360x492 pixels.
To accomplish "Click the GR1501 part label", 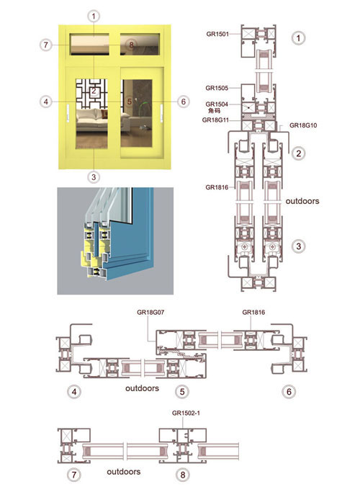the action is [217, 34].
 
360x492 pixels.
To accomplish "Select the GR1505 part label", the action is [217, 88].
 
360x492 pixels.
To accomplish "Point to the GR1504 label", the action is [217, 104].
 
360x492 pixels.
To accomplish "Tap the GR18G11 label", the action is [216, 120].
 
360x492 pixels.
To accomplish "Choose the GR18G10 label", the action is [303, 125].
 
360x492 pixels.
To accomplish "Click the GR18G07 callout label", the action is [150, 312].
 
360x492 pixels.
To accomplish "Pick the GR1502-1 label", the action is [186, 413].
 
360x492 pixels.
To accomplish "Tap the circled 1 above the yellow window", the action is [94, 17].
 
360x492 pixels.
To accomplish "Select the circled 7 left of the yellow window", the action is [46, 45].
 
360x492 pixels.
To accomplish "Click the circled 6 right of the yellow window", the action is [184, 102].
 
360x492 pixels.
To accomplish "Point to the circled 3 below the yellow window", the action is [94, 177].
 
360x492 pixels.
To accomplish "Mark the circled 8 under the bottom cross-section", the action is [182, 475].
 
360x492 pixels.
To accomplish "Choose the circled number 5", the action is [182, 392].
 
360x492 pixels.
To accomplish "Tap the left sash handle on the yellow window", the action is [68, 113].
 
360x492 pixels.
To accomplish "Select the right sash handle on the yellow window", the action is [161, 113].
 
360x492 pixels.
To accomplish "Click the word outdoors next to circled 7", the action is [124, 472].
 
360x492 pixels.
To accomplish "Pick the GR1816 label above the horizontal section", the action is [253, 312].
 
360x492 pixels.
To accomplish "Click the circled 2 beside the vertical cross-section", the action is [298, 153].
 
